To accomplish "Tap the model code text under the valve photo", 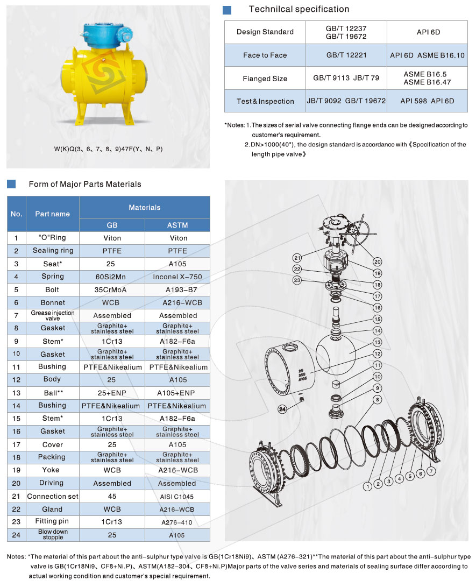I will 108,149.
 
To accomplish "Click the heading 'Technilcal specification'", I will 299,9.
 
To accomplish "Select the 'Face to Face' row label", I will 265,55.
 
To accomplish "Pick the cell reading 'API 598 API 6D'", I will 427,101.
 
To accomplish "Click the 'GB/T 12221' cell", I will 346,55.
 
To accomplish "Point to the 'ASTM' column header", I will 177,225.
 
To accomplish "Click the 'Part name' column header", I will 52,214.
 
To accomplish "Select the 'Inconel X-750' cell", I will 177,277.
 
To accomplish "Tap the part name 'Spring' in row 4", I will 53,277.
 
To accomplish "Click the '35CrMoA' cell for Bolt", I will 112,289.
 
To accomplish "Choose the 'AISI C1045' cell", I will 177,496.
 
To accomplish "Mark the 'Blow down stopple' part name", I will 53,534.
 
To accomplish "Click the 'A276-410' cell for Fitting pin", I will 177,522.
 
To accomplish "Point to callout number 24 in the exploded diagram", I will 282,409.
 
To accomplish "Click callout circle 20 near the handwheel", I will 377,261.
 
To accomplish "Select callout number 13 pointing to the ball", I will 378,342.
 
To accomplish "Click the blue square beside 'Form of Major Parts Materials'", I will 11,184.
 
